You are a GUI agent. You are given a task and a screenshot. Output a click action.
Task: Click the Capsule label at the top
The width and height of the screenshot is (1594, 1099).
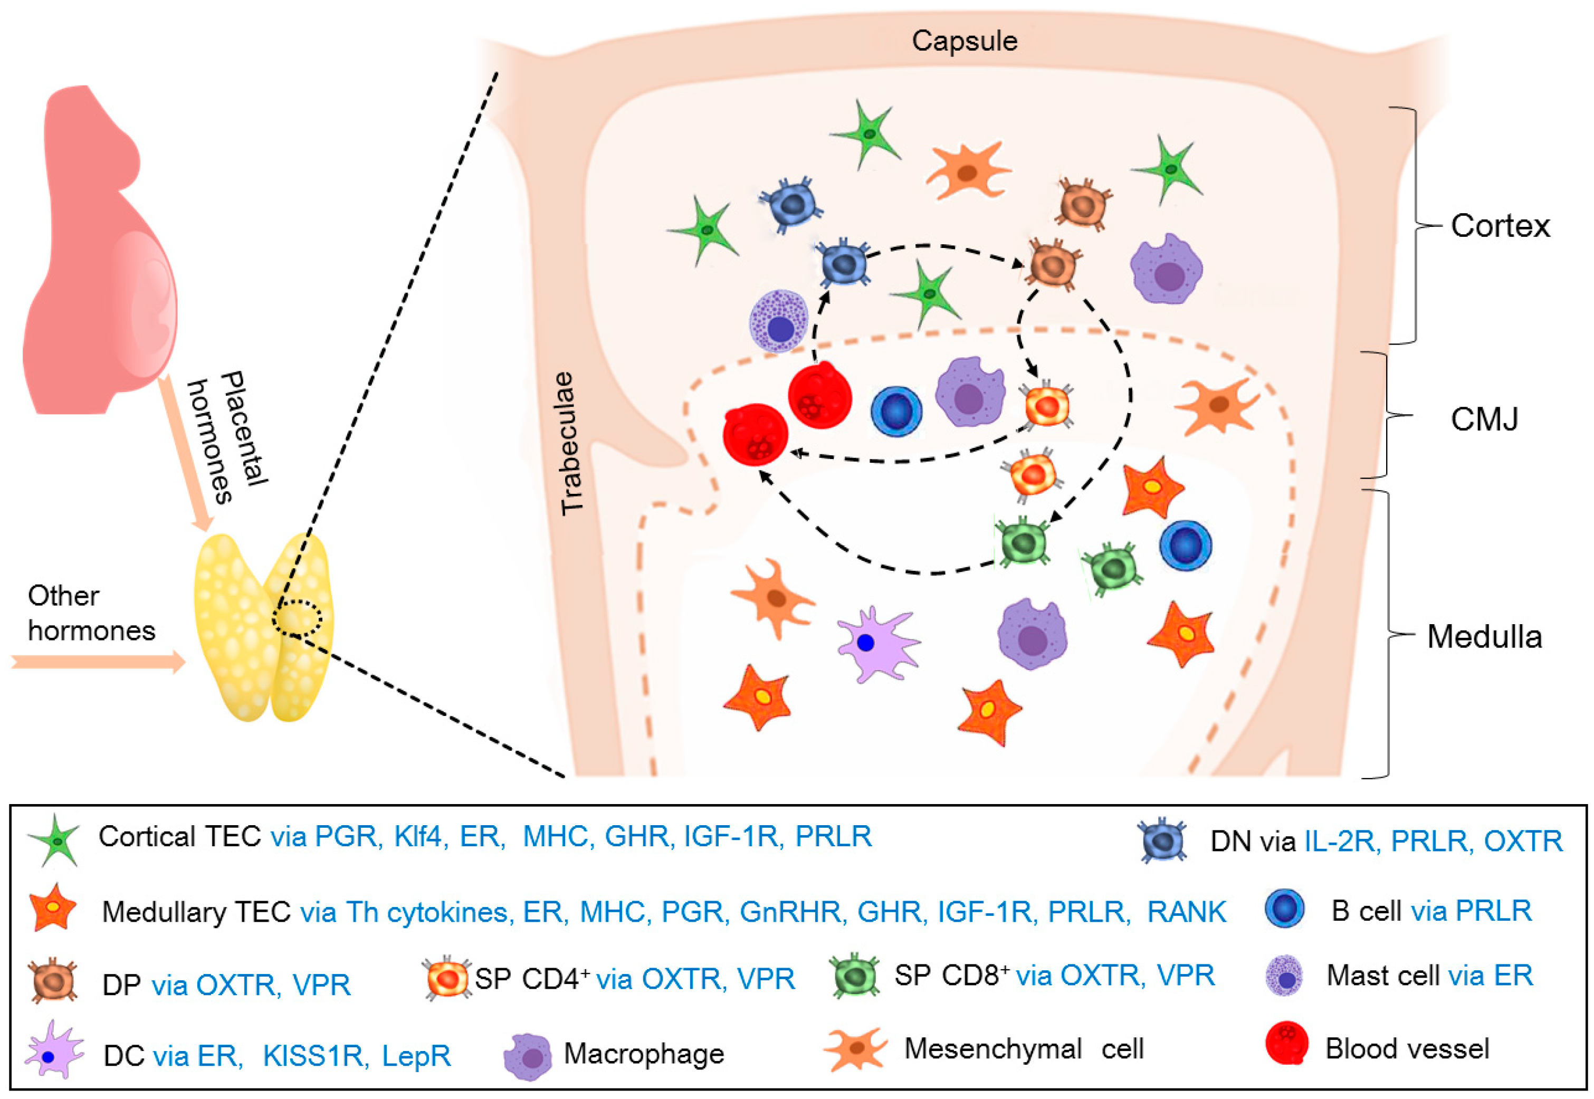coord(964,41)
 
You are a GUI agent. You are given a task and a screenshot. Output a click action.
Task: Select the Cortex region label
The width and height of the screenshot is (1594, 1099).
coord(1500,226)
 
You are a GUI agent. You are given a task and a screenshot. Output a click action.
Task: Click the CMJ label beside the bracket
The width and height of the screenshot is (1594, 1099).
coord(1484,419)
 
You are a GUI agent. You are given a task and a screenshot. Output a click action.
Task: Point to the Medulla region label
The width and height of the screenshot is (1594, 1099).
coord(1484,636)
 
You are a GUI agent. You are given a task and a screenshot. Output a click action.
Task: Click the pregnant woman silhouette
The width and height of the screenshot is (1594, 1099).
coord(97,262)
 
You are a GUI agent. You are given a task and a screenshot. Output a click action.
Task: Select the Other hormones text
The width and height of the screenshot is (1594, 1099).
coord(90,613)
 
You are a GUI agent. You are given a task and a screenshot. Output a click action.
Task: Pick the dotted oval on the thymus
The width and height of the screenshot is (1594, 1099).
coord(297,617)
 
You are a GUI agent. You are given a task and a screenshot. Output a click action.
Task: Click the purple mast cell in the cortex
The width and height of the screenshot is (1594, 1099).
coord(779,321)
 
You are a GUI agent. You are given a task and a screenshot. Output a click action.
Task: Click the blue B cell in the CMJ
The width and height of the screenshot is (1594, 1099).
coord(896,410)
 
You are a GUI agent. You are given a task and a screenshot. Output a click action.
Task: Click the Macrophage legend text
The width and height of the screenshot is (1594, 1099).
coord(643,1053)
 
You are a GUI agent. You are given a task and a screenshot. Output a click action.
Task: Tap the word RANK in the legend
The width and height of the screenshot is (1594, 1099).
coord(1186,911)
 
